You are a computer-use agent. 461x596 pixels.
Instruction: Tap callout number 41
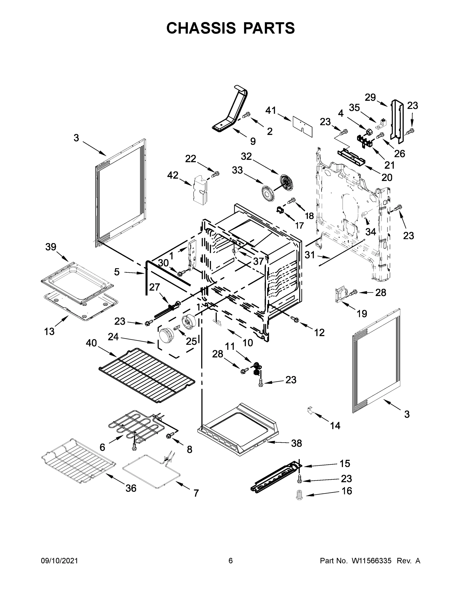coord(271,111)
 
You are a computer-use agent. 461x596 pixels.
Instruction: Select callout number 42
coord(173,175)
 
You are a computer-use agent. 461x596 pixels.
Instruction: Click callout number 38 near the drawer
coord(296,443)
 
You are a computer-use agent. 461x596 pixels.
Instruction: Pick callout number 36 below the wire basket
coord(131,488)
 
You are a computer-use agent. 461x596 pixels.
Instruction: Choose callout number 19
coord(362,314)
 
